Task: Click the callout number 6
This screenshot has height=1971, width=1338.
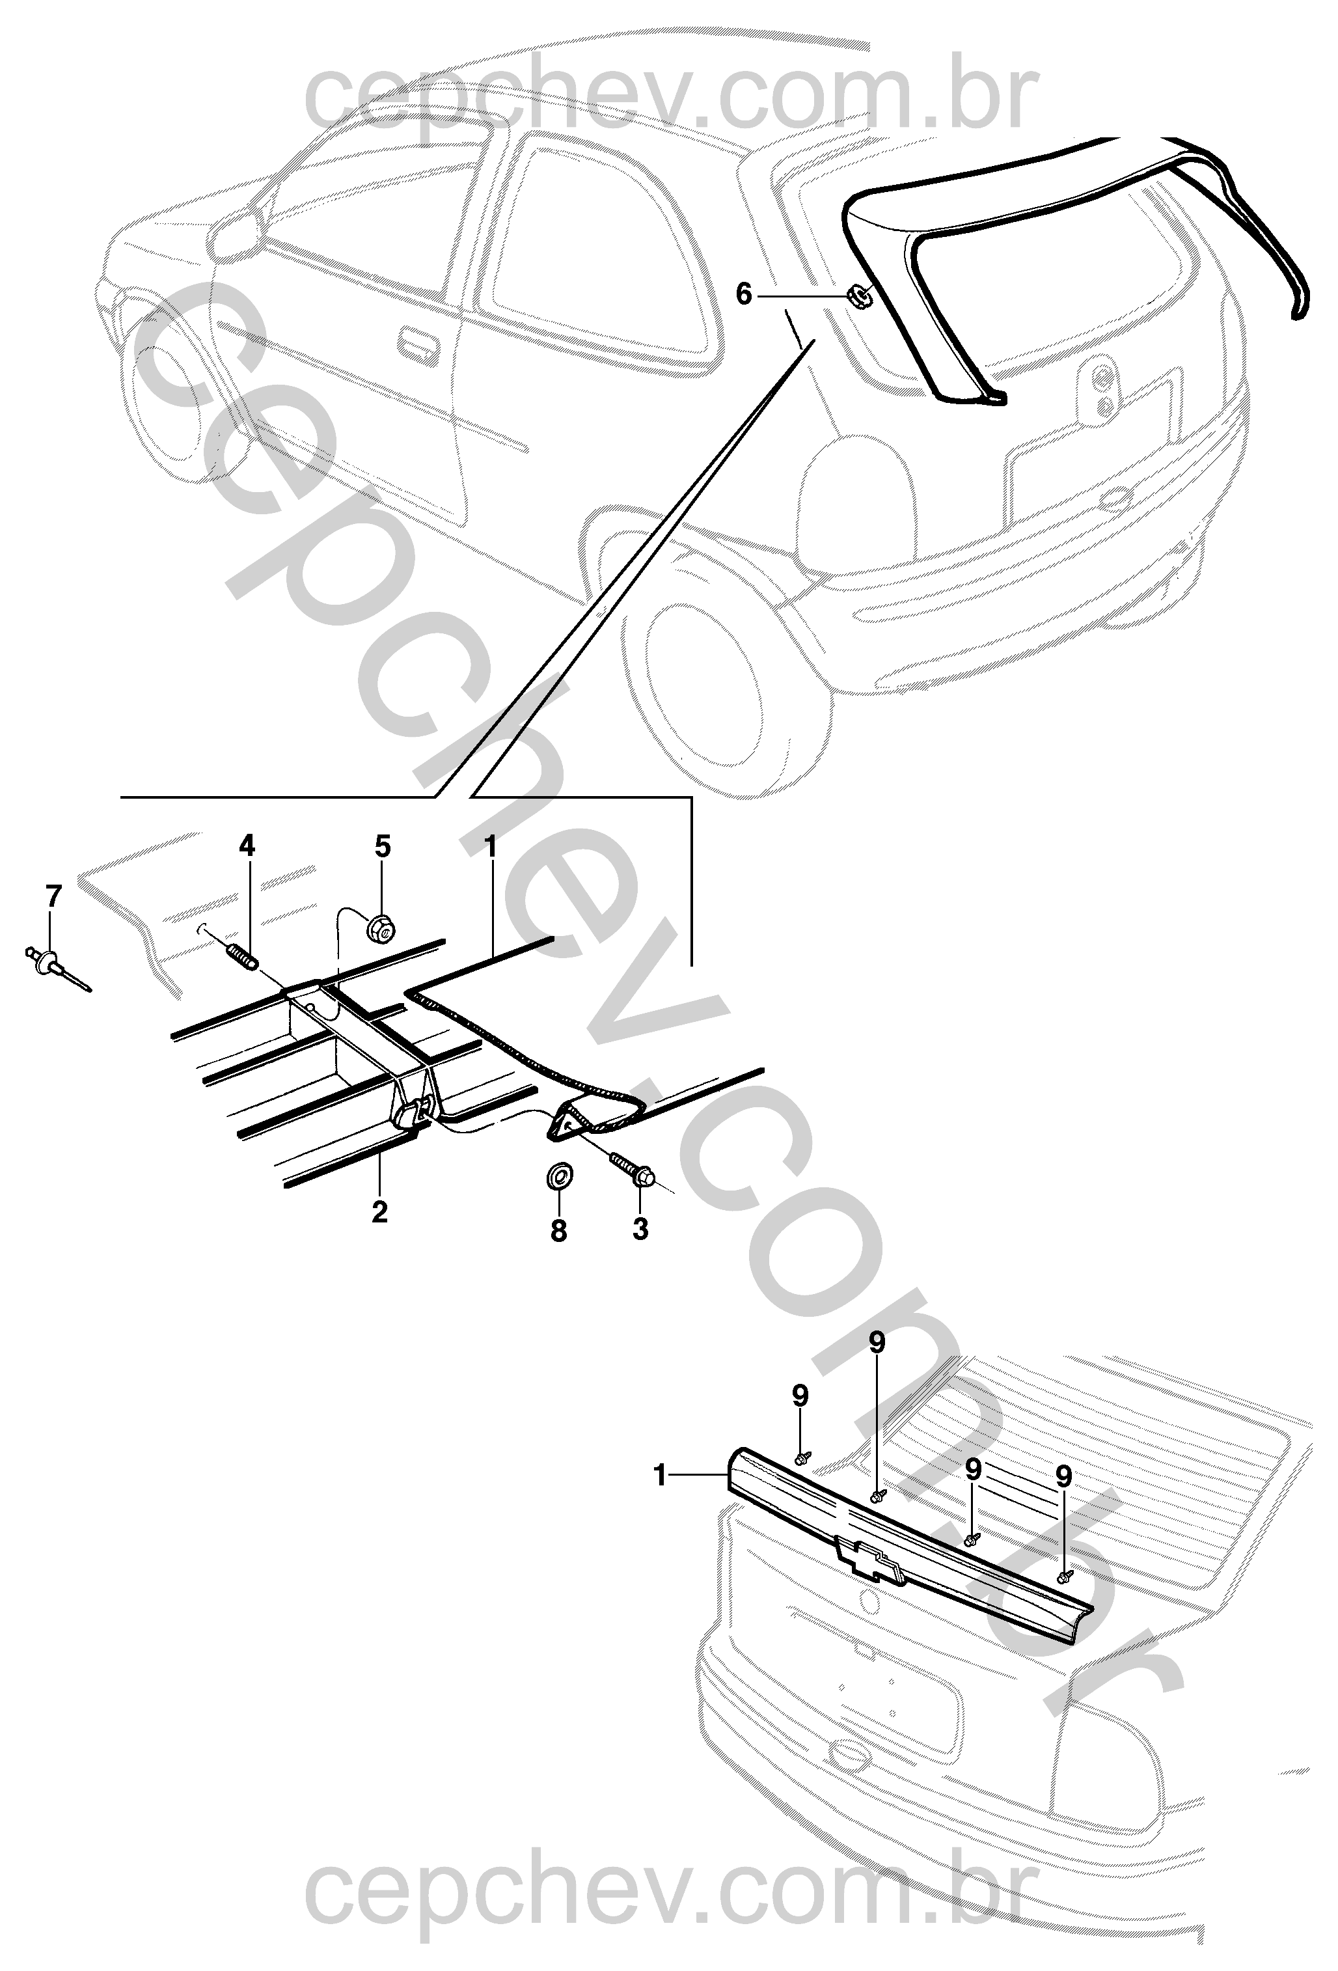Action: tap(744, 295)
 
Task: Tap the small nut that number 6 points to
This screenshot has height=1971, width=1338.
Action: tap(860, 296)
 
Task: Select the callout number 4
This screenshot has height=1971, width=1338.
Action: tap(246, 846)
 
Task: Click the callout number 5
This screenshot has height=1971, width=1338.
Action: tap(383, 846)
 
